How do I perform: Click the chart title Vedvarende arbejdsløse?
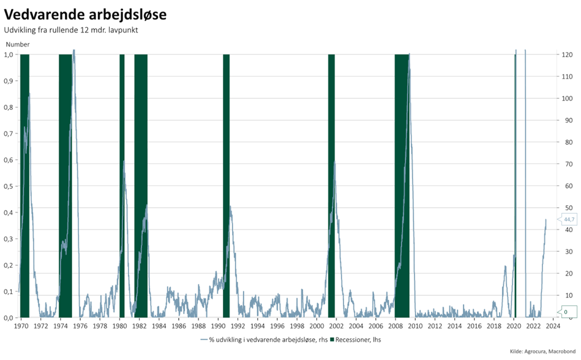click(x=86, y=13)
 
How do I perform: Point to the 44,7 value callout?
click(x=569, y=219)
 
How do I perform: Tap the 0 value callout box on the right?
click(x=566, y=312)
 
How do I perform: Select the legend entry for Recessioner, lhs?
click(x=356, y=339)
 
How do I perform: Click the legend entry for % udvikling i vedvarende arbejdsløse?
click(x=263, y=339)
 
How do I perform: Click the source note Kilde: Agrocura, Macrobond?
click(x=542, y=351)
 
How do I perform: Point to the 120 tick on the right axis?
click(x=567, y=54)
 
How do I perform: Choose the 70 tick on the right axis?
click(x=567, y=164)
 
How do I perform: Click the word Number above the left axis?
click(x=18, y=45)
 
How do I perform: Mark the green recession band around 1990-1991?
click(x=226, y=184)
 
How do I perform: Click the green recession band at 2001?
click(x=331, y=184)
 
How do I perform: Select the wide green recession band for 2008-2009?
click(x=402, y=184)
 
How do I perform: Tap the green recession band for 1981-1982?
click(x=141, y=184)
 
